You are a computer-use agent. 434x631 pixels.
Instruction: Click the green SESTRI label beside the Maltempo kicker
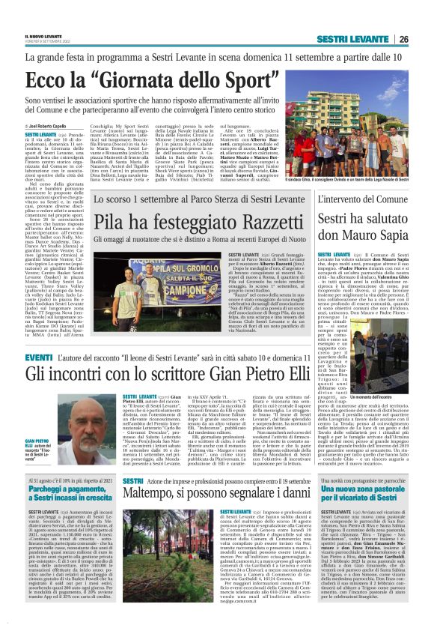(132, 480)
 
